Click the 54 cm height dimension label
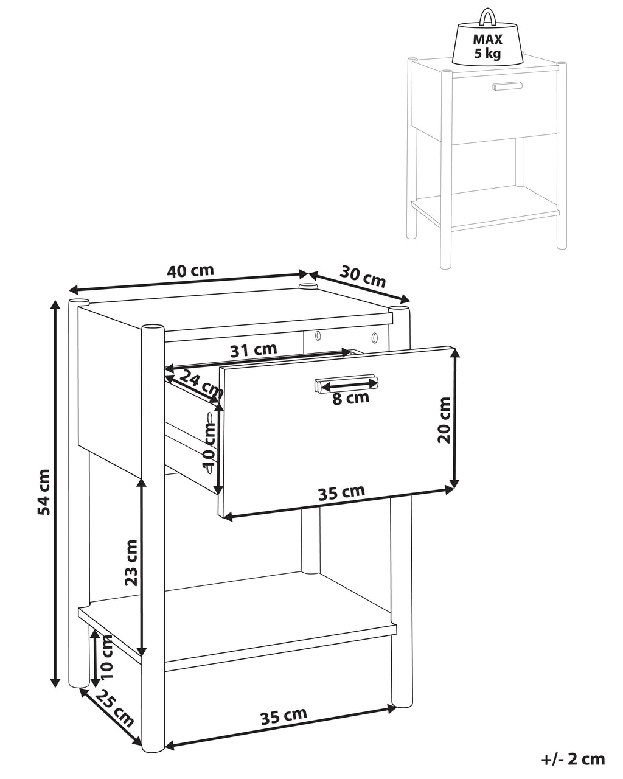tap(44, 492)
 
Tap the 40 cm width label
tap(191, 271)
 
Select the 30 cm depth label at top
tap(363, 276)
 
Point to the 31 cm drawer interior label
tap(254, 350)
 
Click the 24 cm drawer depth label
tap(201, 384)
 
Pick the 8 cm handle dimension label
tap(351, 399)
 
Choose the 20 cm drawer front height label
tap(444, 420)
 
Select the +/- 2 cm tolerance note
tap(573, 759)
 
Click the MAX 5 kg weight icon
tap(487, 38)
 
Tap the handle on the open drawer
tap(346, 383)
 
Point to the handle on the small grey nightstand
tap(507, 86)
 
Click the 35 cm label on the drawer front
tap(341, 493)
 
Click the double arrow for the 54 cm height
tap(55, 494)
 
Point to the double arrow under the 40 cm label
tap(188, 282)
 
